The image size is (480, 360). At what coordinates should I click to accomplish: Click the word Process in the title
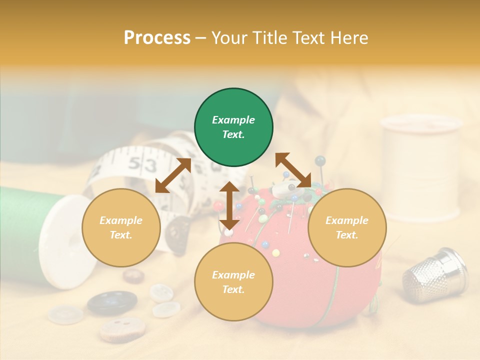coord(157,38)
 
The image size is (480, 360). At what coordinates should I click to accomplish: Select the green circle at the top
coord(233,127)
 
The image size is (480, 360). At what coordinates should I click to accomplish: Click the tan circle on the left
coord(121,227)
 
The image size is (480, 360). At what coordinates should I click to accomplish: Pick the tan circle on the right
coord(347,227)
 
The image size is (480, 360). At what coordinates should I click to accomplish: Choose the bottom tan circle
coord(233,282)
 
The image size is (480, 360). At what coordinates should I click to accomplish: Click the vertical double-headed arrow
coord(229,205)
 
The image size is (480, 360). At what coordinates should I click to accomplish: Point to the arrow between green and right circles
coord(293,170)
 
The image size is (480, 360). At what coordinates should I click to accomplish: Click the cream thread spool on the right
coord(420,167)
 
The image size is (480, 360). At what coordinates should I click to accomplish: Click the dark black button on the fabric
coord(112,302)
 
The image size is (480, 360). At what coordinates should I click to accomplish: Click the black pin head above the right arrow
coord(320,160)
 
